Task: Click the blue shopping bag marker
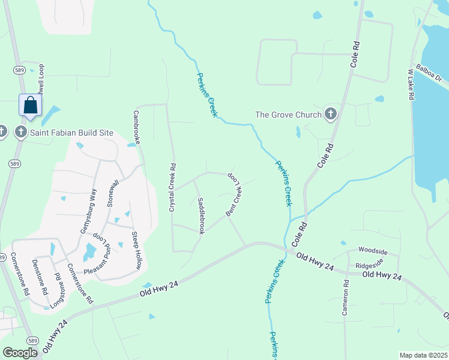tap(30, 106)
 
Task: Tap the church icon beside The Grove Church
tap(330, 114)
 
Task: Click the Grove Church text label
tap(288, 115)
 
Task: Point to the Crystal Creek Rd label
tap(172, 188)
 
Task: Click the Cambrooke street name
tap(137, 127)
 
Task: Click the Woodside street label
tap(373, 250)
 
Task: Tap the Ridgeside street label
tap(369, 264)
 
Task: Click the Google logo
tap(20, 353)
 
